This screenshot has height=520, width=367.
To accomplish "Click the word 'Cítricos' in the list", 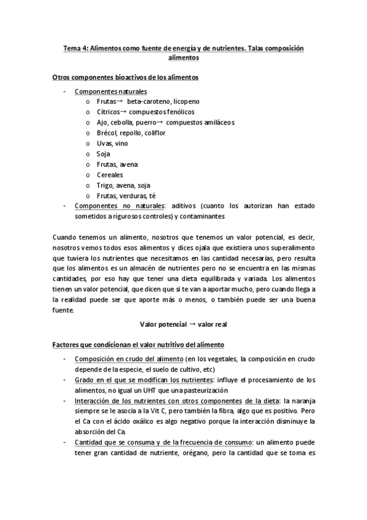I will click(108, 112).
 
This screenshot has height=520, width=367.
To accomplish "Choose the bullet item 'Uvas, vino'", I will click(112, 143).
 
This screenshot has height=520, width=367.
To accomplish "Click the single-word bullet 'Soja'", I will click(103, 154).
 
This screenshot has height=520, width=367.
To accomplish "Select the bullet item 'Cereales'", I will click(110, 175).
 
